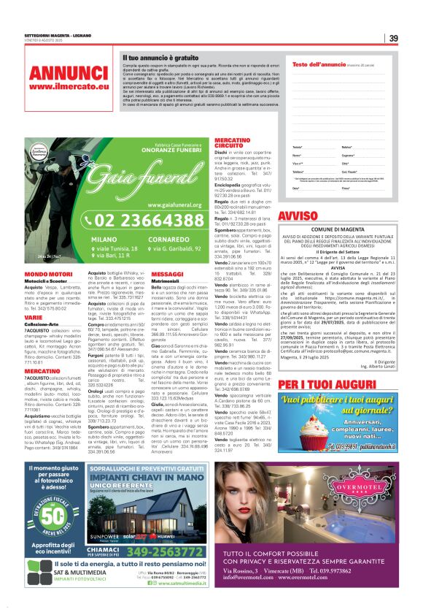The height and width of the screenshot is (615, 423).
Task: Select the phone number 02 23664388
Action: (150, 221)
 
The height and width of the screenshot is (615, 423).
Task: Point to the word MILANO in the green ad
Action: (104, 239)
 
